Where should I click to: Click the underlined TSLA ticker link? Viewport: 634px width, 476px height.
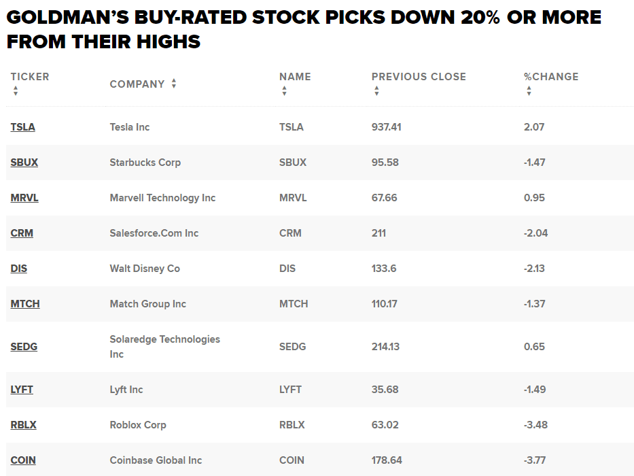tap(22, 127)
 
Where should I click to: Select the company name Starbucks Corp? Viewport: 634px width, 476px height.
tap(145, 163)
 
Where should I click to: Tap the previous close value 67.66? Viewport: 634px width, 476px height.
tap(384, 198)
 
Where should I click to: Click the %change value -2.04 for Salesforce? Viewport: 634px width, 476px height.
tap(535, 233)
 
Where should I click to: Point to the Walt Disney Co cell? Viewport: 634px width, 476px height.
tap(145, 269)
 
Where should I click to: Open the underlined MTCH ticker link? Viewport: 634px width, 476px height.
tap(25, 304)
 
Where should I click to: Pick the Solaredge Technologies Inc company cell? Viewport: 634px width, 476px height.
tap(164, 346)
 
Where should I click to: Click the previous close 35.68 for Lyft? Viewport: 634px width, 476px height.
tap(385, 390)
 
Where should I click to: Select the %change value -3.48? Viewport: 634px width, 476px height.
tap(535, 425)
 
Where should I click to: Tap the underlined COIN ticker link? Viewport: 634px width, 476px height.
tap(23, 460)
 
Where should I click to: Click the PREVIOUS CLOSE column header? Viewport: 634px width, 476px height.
tap(419, 77)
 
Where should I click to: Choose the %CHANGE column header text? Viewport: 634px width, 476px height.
tap(551, 77)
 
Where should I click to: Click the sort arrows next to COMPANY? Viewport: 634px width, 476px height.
tap(174, 84)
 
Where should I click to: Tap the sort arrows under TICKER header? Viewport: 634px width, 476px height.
tap(15, 91)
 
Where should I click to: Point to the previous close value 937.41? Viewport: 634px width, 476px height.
tap(386, 127)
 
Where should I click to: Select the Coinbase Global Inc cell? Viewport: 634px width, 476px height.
tap(156, 460)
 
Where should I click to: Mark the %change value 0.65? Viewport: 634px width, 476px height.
tap(534, 347)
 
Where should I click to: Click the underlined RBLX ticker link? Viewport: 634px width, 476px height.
tap(23, 425)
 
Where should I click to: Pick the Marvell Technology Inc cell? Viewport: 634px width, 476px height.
tap(162, 198)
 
